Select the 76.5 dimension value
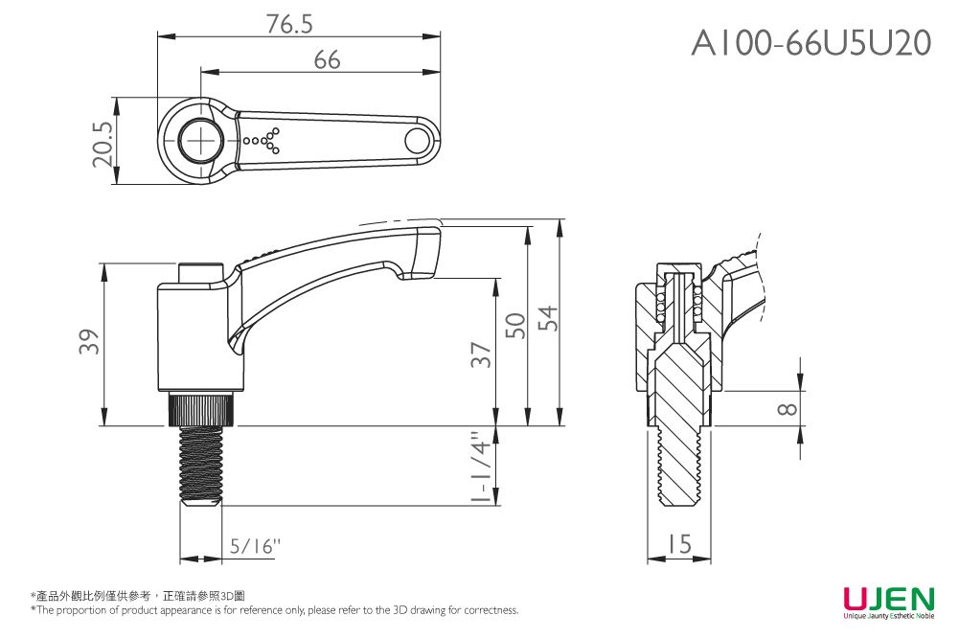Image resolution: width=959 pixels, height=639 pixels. click(x=289, y=25)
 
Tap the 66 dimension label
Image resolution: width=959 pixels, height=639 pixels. click(x=327, y=60)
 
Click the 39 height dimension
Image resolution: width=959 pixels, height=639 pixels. click(x=88, y=342)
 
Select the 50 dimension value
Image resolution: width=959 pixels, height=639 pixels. click(x=515, y=326)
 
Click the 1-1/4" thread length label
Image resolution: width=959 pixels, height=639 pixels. click(x=481, y=468)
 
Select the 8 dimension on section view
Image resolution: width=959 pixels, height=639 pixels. click(x=787, y=409)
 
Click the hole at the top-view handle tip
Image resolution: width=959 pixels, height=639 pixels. click(x=417, y=141)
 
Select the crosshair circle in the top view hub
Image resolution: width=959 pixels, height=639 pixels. click(x=202, y=141)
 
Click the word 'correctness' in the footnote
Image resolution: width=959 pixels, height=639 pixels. click(x=492, y=610)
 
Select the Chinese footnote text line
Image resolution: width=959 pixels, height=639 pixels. click(x=138, y=596)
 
